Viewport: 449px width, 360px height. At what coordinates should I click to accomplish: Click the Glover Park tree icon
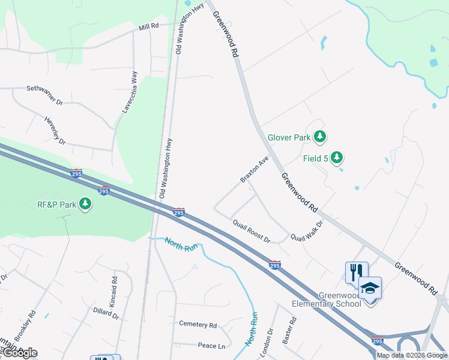point(321,137)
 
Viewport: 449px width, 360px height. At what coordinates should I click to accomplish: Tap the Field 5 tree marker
point(337,157)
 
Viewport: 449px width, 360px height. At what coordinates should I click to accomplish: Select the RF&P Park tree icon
point(86,204)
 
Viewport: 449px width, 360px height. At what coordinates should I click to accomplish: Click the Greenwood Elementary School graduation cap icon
point(370,289)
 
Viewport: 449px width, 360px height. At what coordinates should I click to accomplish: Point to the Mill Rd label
point(148,27)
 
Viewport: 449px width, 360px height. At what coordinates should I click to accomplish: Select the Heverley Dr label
point(55,129)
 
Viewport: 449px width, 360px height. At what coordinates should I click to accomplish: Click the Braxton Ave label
point(254,170)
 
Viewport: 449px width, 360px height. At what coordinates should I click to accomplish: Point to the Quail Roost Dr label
point(252,230)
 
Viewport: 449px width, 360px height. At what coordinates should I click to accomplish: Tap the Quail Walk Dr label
point(307,230)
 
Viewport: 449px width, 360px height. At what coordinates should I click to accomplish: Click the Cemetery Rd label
point(197,324)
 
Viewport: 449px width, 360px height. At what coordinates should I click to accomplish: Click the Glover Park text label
point(289,137)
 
